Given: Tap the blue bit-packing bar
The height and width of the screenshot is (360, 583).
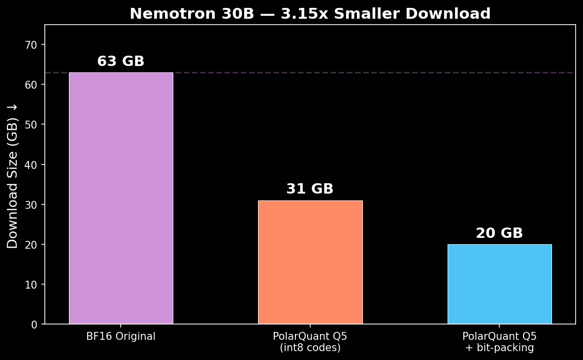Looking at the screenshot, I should point(499,284).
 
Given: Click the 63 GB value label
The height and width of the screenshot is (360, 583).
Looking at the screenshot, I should point(121,62).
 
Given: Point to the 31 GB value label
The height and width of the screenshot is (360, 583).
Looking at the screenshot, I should point(310,189).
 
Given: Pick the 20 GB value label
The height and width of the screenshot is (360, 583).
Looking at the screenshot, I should point(499,233).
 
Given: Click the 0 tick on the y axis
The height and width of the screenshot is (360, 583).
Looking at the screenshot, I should point(34,325).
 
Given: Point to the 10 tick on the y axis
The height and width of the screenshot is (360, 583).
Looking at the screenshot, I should point(32,285).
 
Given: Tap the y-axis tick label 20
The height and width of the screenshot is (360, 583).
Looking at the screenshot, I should point(32,245).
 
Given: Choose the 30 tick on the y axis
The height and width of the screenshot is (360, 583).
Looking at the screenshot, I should point(32,205).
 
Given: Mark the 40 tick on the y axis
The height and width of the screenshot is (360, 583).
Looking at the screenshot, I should point(32,165).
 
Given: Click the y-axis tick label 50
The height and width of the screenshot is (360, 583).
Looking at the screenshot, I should point(32,125).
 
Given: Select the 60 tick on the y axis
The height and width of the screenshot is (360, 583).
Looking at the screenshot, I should point(32,85).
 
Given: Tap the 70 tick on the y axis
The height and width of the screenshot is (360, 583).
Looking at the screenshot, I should point(32,45).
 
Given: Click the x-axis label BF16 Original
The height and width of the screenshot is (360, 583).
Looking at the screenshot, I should point(121,337).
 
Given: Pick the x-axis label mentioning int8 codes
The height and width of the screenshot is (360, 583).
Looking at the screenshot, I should point(310,342).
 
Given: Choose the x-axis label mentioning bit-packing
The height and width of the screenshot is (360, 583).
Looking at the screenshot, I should point(499,342).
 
